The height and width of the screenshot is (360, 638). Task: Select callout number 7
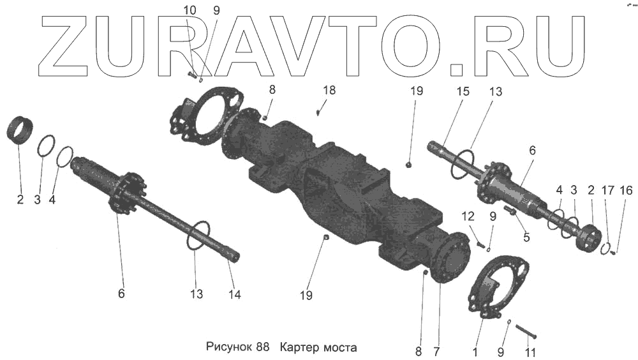pyautogui.click(x=437, y=351)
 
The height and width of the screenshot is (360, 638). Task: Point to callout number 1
pyautogui.click(x=474, y=351)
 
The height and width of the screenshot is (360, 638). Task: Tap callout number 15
pyautogui.click(x=463, y=91)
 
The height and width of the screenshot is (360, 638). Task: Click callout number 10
pyautogui.click(x=190, y=10)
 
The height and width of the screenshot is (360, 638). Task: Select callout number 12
pyautogui.click(x=469, y=216)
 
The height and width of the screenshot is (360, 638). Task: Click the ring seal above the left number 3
pyautogui.click(x=43, y=146)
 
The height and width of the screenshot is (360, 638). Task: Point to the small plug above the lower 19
pyautogui.click(x=325, y=237)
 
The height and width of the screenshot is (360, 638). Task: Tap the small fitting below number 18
pyautogui.click(x=319, y=112)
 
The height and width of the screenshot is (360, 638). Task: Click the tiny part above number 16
pyautogui.click(x=613, y=252)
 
